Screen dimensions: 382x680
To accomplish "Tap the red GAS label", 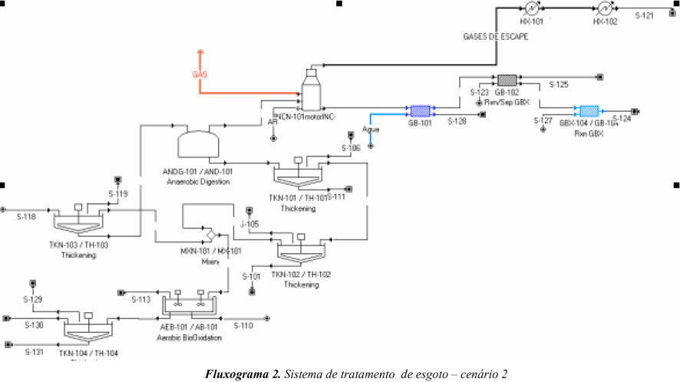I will coord(200,74).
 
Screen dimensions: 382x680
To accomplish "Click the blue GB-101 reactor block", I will coord(418,110).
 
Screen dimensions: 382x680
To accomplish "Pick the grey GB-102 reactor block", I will coord(507,80).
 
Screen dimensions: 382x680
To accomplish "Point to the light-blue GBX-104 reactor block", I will coord(589,110).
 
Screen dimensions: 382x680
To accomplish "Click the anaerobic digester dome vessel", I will coord(198,143).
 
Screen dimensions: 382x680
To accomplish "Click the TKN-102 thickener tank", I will coord(300,249).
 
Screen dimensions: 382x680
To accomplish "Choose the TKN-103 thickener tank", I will coord(78,222).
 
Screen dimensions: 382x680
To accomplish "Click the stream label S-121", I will coord(644,15).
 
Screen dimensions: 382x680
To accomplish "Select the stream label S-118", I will coord(26,217).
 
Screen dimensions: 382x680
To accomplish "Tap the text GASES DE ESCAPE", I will coord(495,36).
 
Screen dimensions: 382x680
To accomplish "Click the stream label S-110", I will coord(243,325).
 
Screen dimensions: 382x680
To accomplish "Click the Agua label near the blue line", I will coord(371,129).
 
